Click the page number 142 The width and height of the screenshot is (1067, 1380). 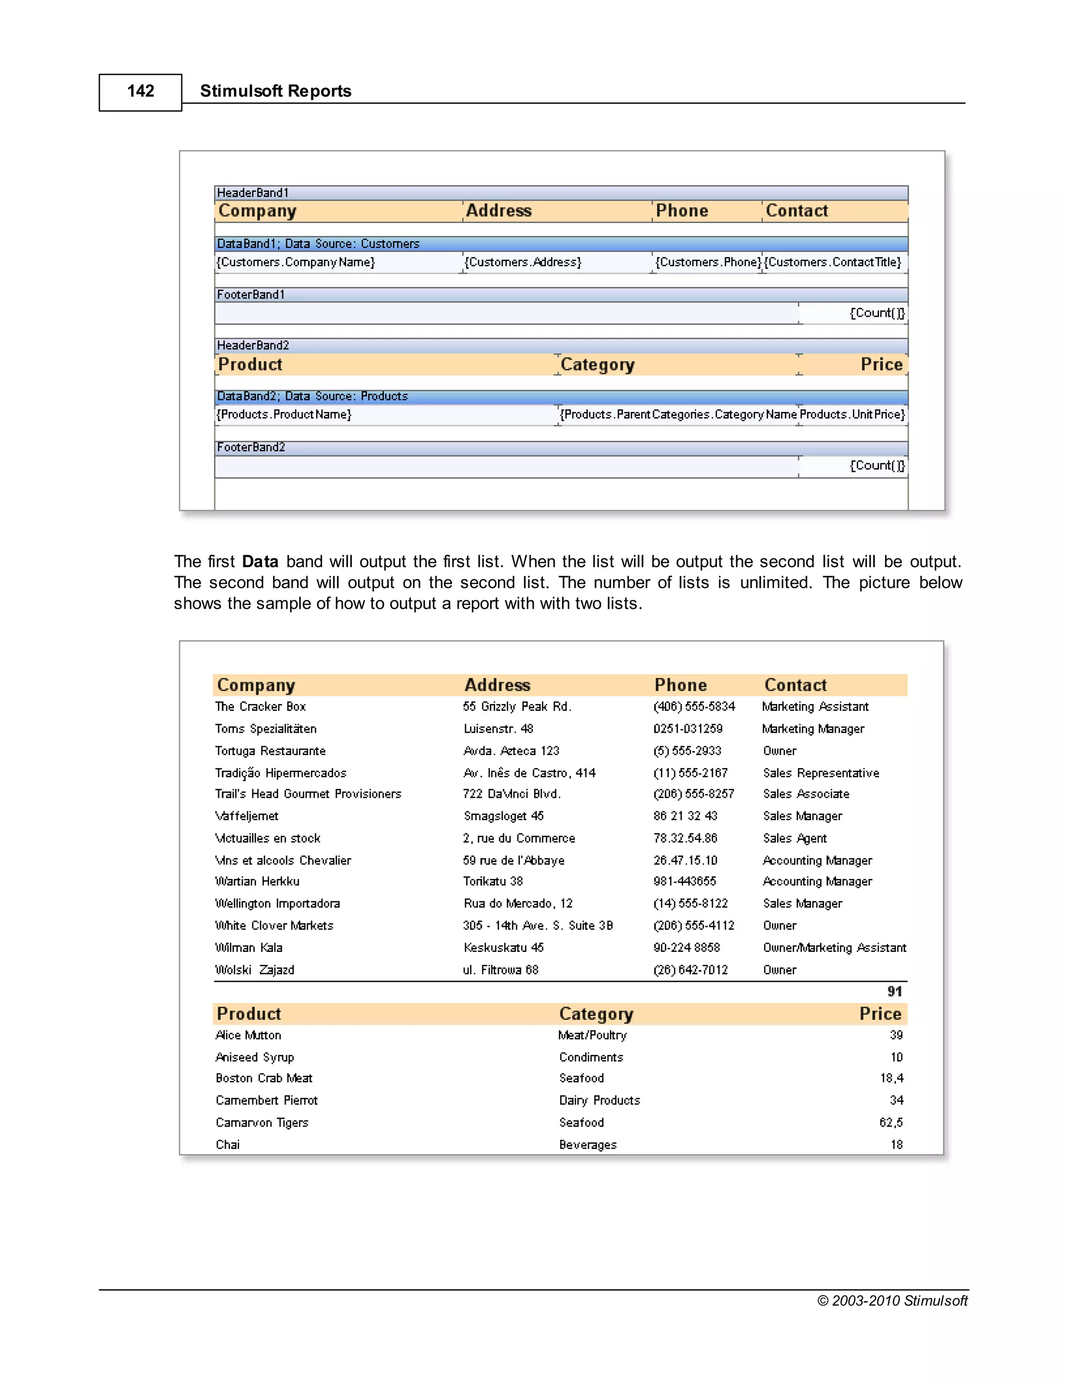point(140,91)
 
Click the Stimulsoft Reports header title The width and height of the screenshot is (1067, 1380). point(276,91)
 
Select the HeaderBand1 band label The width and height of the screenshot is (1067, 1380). point(252,193)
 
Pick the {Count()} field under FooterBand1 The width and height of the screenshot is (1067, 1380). point(877,313)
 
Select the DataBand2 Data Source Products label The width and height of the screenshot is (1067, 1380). point(312,396)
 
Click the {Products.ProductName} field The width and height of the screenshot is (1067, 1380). point(284,415)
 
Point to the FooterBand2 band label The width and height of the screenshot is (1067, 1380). point(251,447)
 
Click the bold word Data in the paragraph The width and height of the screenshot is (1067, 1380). point(260,562)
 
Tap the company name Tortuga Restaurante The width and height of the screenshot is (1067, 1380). point(270,750)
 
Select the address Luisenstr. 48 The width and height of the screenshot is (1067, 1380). point(498,729)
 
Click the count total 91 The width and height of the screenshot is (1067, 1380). point(895,992)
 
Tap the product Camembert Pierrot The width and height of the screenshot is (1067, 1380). point(266,1100)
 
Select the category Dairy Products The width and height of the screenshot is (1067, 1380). point(599,1100)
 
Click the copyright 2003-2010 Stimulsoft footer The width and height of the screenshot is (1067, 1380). point(892,1300)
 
